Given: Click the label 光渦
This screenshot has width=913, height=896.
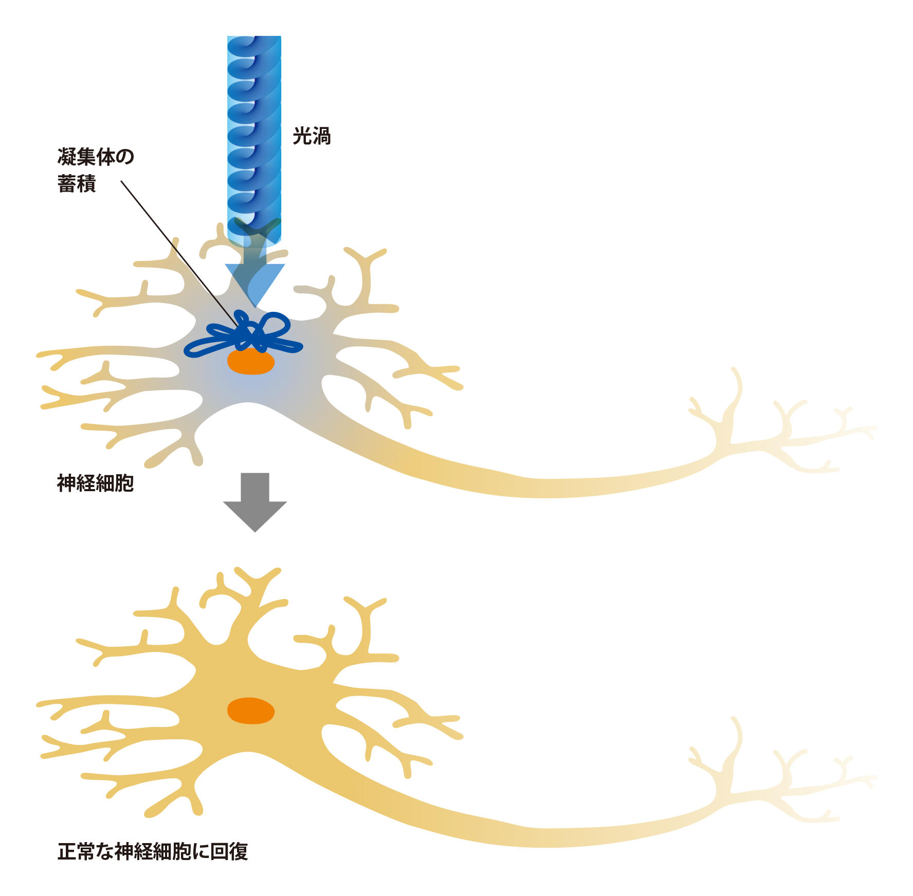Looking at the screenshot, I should (x=312, y=136).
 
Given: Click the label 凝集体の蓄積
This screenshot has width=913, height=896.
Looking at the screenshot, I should (x=95, y=170).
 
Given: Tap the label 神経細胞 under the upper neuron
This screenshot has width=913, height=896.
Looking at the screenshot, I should (x=95, y=483).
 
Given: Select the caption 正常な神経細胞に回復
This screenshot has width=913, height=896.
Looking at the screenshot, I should (x=153, y=851).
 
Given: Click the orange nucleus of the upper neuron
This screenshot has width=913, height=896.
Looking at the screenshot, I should (x=251, y=362).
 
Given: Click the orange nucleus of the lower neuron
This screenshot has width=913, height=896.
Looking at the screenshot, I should (x=251, y=711).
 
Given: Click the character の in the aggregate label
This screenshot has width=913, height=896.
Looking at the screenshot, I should (x=124, y=157).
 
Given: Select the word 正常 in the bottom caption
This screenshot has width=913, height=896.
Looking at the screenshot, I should (x=76, y=851).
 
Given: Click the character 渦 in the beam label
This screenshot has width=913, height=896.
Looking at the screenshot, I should (x=321, y=136).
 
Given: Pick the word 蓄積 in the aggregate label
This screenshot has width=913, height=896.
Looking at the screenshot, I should (x=77, y=183).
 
